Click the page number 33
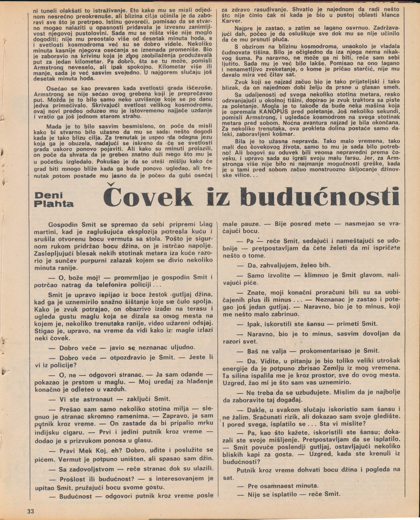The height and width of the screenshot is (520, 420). [x=31, y=511]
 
